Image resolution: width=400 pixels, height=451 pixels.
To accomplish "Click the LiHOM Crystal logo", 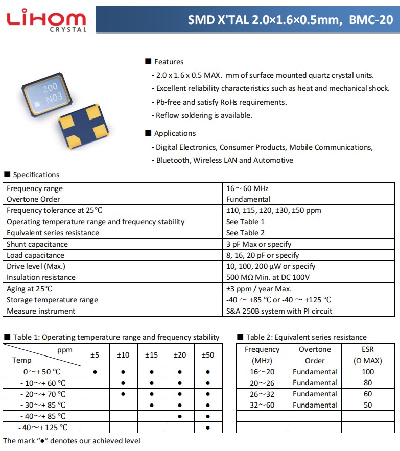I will tap(46, 20).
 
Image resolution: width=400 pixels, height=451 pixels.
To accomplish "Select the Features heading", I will tap(169, 62).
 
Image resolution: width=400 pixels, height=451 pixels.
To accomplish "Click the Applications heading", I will tap(175, 133).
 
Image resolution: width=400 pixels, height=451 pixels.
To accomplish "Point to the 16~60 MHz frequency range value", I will tap(247, 188).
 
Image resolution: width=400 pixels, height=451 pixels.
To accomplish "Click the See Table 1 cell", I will tap(245, 222).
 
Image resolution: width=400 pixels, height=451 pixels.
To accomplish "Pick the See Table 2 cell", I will tap(245, 233).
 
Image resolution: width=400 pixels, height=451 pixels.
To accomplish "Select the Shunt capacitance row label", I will tap(37, 244).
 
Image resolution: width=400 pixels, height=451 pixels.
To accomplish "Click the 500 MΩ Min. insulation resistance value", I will tap(268, 277).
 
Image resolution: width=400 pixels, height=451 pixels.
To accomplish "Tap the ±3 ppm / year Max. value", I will tap(258, 289).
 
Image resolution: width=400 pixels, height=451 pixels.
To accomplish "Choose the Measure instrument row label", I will tap(41, 311).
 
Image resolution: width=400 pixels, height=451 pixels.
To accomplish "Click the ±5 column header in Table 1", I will tap(95, 355).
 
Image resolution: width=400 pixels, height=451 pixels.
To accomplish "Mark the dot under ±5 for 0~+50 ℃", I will tap(95, 372).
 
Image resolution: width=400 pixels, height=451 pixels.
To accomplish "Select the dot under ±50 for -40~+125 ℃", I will tap(208, 428).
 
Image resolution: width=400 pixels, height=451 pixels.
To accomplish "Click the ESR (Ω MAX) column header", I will tap(368, 355).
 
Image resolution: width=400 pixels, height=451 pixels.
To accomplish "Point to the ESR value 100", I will tap(368, 372).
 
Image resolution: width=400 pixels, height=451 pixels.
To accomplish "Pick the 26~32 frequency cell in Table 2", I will tap(262, 394).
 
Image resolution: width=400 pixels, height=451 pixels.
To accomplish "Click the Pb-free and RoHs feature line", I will tap(221, 102).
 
